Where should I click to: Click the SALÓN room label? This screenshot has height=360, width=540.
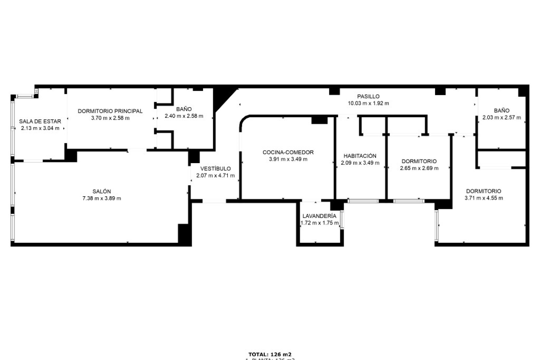pos(102,191)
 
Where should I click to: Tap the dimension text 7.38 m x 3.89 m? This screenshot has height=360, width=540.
pos(102,198)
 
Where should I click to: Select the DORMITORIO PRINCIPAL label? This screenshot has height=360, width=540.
pos(110,111)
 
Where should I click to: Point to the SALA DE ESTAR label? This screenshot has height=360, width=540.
pos(40,121)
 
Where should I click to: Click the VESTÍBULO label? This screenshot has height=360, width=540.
pos(215,168)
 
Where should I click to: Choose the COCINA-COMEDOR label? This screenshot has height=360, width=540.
pos(288,152)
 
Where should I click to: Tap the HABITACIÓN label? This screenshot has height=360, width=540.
pos(360,156)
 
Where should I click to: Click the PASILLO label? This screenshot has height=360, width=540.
pos(368,96)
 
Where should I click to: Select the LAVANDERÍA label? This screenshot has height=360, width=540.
pos(319,216)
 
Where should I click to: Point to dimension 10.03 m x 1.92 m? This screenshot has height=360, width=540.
pos(368,103)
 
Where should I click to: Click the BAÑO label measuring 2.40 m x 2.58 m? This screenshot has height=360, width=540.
pos(184,109)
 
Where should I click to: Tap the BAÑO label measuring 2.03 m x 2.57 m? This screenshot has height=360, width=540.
pos(501,111)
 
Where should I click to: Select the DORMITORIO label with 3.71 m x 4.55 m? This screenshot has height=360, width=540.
pos(483,191)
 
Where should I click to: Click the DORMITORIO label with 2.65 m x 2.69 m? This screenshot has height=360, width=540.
pos(419,161)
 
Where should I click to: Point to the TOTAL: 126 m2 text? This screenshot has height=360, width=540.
pos(270,354)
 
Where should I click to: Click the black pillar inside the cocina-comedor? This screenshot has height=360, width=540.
pos(319,120)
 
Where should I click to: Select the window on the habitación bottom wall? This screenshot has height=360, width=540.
pos(363,201)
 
